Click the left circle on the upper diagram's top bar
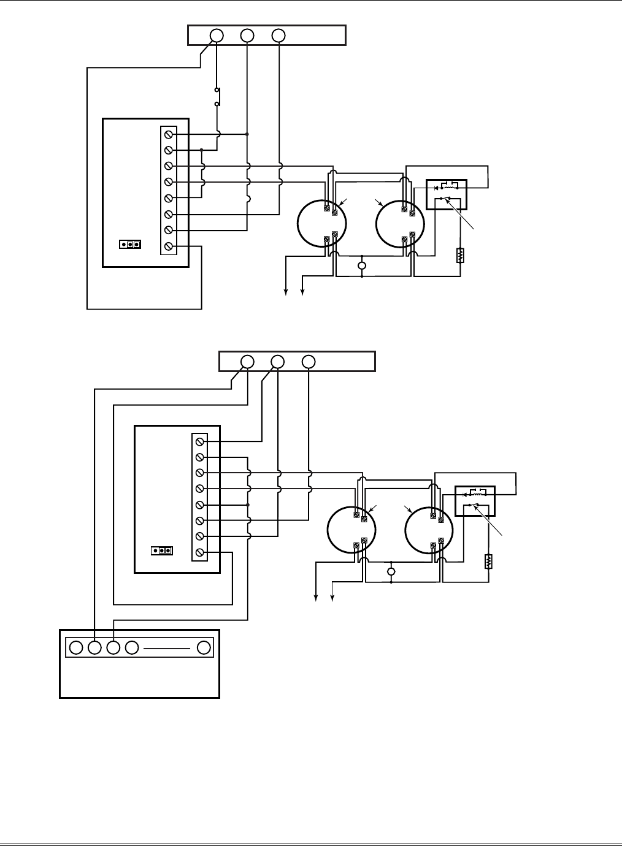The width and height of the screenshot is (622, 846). tap(217, 36)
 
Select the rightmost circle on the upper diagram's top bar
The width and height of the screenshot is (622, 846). tap(278, 36)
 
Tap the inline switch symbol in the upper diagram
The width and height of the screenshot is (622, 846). tap(217, 97)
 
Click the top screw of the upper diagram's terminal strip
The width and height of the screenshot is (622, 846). tap(169, 134)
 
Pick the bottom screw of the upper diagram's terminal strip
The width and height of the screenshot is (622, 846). tap(169, 246)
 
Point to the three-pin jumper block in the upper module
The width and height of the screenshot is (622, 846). tap(131, 244)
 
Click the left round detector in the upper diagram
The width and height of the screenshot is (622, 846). tap(322, 223)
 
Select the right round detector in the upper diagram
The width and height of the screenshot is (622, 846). tap(400, 223)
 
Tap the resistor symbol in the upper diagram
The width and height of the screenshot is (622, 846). tap(460, 255)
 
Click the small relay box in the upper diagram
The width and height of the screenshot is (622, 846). tap(447, 194)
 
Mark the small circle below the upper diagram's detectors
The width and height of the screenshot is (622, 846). tap(362, 265)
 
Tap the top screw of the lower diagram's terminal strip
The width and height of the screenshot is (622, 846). tap(200, 441)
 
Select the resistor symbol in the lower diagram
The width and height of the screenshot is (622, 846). tap(489, 561)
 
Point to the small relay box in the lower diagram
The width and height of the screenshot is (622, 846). tap(475, 501)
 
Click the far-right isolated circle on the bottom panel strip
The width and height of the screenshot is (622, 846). tap(204, 647)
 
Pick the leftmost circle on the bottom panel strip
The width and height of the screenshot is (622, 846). tap(76, 647)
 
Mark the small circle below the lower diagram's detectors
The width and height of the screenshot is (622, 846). tap(391, 572)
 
